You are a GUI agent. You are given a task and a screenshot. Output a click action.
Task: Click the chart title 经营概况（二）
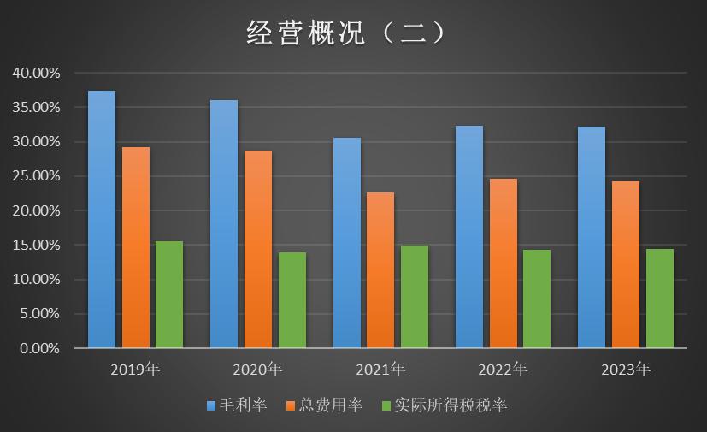point(345,33)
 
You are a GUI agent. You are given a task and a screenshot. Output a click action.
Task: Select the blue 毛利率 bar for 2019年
point(102,219)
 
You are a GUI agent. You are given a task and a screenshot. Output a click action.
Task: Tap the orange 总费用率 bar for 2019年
point(135,247)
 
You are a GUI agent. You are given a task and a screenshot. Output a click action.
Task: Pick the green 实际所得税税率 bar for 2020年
point(292,300)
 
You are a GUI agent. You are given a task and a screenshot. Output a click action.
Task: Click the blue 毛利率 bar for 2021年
point(347,243)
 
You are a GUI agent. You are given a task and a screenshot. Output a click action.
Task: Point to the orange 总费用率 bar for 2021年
point(380,270)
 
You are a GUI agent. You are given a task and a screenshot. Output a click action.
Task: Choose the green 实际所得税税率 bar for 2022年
point(537,299)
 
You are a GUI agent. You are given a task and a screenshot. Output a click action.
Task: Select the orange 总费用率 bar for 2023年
point(626,264)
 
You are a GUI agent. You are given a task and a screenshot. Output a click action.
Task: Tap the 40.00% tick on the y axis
point(36,74)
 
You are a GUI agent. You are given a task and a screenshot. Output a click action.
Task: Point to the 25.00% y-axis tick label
point(36,176)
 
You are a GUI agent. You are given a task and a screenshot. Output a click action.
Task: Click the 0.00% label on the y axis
point(39,348)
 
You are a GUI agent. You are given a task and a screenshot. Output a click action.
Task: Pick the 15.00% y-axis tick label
point(36,246)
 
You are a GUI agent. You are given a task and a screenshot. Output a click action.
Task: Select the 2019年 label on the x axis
point(135,370)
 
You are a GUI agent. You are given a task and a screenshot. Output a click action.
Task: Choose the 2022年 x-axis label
point(503,370)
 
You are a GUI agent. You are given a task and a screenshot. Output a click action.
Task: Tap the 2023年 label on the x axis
point(626,370)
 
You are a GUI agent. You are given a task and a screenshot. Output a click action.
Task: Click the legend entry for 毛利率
point(236,405)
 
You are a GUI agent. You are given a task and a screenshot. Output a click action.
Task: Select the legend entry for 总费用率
point(325,405)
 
